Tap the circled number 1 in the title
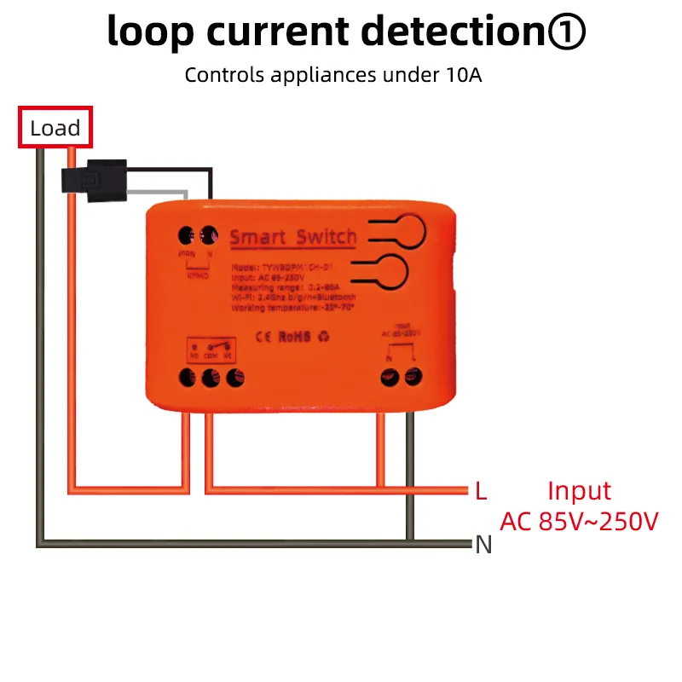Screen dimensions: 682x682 (x=562, y=32)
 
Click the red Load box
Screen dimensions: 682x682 (x=55, y=129)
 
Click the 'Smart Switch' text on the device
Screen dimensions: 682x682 (x=293, y=237)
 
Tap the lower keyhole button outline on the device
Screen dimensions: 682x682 (x=400, y=270)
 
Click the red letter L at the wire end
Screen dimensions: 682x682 (x=482, y=491)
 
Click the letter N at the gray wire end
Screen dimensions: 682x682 (x=484, y=544)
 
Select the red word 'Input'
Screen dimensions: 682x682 (x=580, y=491)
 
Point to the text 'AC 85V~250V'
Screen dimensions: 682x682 (x=580, y=521)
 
